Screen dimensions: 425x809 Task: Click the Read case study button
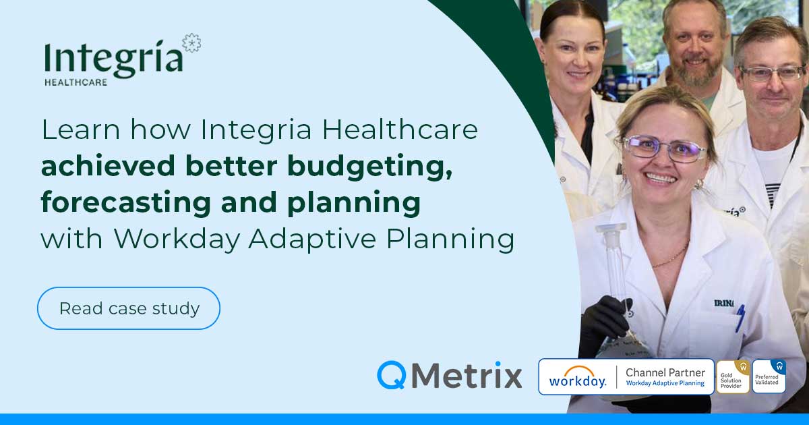coord(129,308)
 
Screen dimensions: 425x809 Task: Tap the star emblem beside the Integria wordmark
coord(191,43)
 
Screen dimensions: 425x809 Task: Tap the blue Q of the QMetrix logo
coord(391,375)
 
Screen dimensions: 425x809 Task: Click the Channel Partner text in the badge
coord(665,372)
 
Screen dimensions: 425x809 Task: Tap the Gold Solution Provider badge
coord(733,376)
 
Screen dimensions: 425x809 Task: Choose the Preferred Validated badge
coord(769,376)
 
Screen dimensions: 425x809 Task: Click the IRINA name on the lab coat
coord(725,303)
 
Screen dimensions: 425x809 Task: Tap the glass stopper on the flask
coord(611,229)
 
